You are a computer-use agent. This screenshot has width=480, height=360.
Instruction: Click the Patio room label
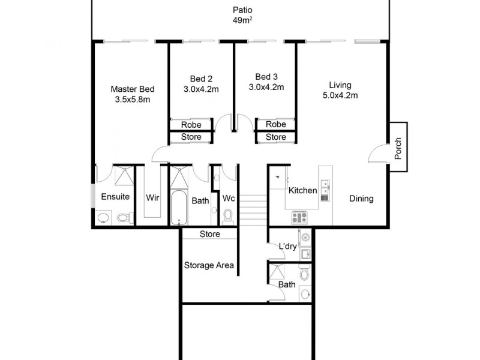coord(243,10)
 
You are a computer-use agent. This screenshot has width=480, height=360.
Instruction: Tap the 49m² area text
coord(243,21)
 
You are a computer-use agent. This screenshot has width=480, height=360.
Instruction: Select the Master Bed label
coord(132,89)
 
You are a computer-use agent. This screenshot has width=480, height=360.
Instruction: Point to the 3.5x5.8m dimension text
coord(132,100)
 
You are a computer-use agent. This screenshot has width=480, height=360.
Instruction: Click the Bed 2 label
coord(201,79)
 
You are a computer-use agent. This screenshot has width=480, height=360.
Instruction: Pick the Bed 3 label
coord(266,76)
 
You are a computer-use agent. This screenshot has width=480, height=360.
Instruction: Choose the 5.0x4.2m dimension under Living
coord(340,95)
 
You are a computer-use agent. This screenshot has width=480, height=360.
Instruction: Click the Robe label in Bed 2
coord(191,125)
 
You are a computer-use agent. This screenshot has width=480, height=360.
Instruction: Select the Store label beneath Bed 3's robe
coord(276,137)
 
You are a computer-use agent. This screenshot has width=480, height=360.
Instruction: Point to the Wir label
coord(152,197)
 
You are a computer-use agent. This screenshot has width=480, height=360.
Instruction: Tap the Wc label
coord(229,197)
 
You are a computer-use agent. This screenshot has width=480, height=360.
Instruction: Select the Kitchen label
coord(302,191)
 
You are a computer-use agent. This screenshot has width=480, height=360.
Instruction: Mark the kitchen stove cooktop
coord(299,217)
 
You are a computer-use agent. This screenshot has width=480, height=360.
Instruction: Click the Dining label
coord(361,199)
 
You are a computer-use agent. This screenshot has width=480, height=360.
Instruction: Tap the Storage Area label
coord(208,265)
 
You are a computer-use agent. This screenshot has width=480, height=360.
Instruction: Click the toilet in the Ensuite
coord(124,218)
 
